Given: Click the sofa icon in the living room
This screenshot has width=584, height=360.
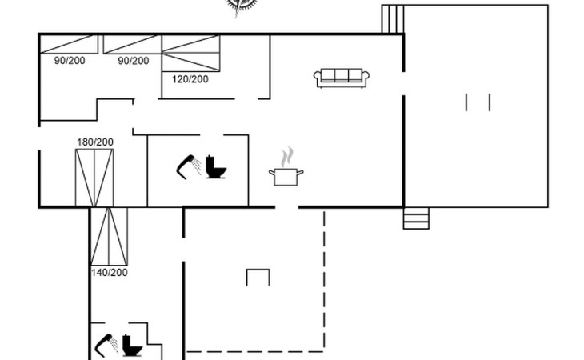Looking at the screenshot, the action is tap(342, 78).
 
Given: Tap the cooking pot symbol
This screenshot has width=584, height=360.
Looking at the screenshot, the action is tap(286, 177).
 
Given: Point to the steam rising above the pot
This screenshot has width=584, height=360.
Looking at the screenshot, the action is tap(287, 157).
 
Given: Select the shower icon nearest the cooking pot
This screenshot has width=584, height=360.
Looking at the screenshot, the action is tap(189, 166).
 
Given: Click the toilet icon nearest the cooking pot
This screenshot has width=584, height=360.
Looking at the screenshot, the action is tap(216, 166).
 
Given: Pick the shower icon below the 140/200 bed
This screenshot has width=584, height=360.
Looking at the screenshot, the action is tap(106, 345).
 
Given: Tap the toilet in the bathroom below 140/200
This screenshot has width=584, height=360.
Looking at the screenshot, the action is tap(132, 345).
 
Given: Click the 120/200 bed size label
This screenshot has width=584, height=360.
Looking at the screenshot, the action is tap(190, 79).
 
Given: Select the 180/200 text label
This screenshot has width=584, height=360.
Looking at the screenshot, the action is tap(95, 142).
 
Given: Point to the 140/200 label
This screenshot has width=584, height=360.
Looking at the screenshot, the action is tap(110, 273).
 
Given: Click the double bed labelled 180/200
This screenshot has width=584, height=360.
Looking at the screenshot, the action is tap(94, 178).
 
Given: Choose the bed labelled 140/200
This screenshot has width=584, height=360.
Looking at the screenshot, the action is tap(109, 237).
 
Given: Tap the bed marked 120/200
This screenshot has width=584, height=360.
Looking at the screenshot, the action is tap(191, 53).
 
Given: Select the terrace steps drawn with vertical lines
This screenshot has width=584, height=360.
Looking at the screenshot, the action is tap(393, 19).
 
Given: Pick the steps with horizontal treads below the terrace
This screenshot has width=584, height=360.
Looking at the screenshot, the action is tap(416, 218).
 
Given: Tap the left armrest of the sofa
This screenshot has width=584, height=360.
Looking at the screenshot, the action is tap(318, 78).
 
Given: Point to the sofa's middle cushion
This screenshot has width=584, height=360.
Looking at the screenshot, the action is tap(342, 74).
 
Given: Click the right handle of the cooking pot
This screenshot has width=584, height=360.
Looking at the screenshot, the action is tap(300, 172).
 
